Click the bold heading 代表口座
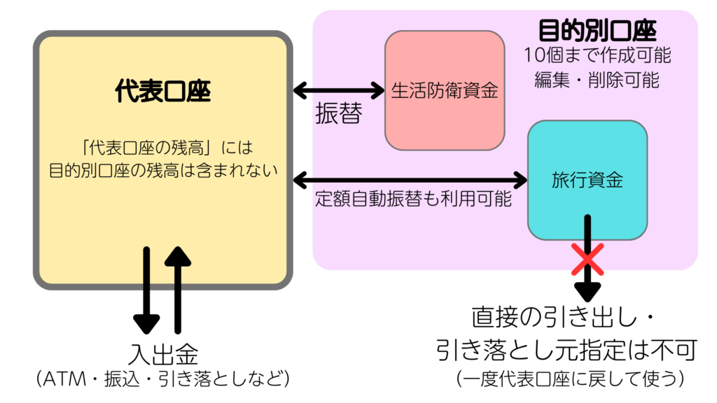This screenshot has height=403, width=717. pos(162,92)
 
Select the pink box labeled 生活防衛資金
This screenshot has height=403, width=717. pos(444,90)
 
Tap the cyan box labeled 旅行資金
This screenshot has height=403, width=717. pos(587,179)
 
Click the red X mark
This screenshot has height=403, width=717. pos(587,260)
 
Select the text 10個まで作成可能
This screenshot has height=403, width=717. pos(597,55)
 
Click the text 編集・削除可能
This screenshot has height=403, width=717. pos(597,80)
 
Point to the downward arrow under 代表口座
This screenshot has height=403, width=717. pos(146,289)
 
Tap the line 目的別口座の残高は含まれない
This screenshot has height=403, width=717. pos(163,170)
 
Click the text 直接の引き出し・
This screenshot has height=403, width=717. pos(562,320)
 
